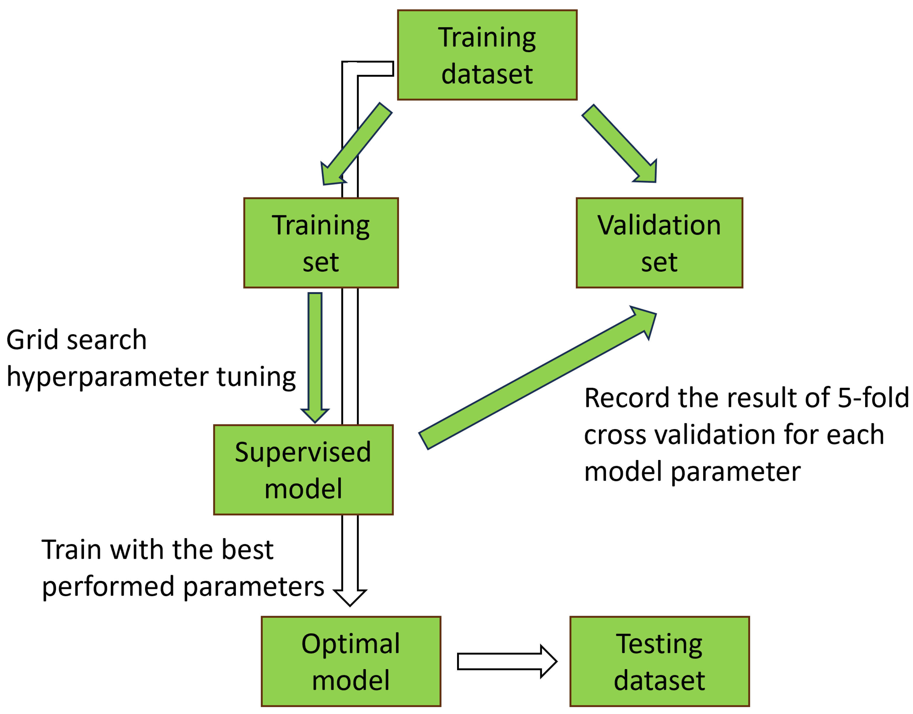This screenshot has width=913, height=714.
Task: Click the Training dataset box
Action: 487,55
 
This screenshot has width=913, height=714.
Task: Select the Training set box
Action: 321,243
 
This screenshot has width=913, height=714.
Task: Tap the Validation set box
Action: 659,243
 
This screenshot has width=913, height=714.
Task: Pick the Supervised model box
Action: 303,470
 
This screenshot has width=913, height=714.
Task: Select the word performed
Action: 108,587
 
